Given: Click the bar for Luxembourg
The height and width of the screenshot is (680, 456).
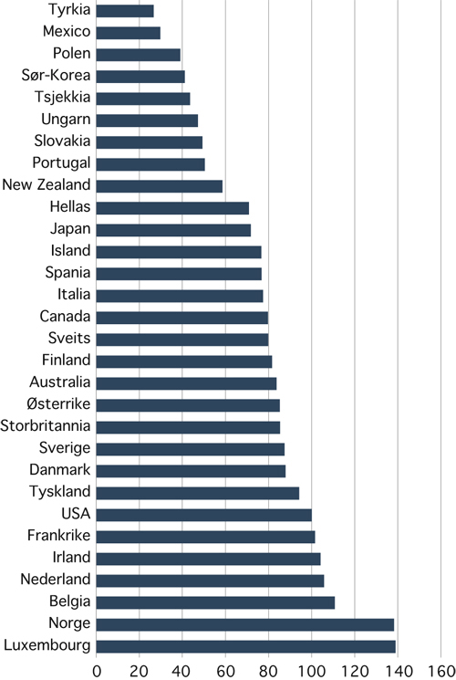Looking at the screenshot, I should coord(246,646).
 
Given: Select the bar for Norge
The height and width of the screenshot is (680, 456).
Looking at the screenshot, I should coord(245,624).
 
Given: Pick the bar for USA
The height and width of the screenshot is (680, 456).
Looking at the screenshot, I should coord(203,515).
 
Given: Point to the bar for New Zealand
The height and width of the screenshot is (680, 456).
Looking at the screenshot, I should coord(160,186).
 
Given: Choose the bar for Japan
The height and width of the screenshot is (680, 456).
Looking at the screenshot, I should coord(173,230).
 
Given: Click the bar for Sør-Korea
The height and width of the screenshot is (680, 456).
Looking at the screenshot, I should coord(140,77).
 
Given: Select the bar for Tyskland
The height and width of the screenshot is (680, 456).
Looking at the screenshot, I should coord(197,493).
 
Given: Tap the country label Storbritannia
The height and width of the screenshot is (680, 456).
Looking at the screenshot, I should coord(46,426).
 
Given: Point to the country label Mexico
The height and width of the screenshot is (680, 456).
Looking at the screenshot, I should coord(67,32).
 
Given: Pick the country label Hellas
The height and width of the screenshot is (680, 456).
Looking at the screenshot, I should coord(68,207).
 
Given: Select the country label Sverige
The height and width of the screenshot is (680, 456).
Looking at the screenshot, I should coord(65,448).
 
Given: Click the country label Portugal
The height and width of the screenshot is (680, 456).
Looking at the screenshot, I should coord(61,163).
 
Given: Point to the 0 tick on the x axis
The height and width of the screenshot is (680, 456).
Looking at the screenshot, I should coord(97,669).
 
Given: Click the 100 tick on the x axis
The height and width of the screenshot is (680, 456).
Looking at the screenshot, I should coord(312,669).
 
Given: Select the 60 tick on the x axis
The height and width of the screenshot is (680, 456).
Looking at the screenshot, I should coord(225,669).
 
